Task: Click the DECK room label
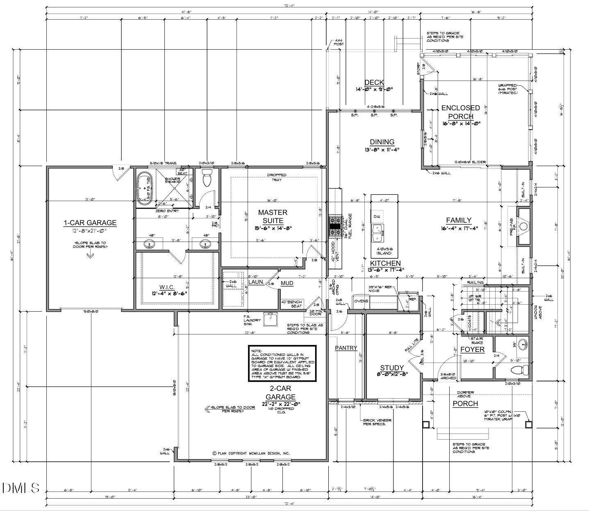(374, 83)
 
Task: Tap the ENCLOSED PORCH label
(460, 112)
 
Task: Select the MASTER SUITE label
(273, 216)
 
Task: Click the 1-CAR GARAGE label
(90, 223)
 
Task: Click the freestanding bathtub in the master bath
(144, 188)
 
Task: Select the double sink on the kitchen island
(378, 234)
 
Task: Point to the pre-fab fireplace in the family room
(523, 226)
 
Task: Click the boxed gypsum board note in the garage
(282, 363)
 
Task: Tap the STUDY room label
(392, 368)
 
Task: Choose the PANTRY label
(346, 348)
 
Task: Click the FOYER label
(472, 349)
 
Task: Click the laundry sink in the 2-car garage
(270, 317)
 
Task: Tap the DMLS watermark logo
(20, 488)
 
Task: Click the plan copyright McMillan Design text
(251, 453)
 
